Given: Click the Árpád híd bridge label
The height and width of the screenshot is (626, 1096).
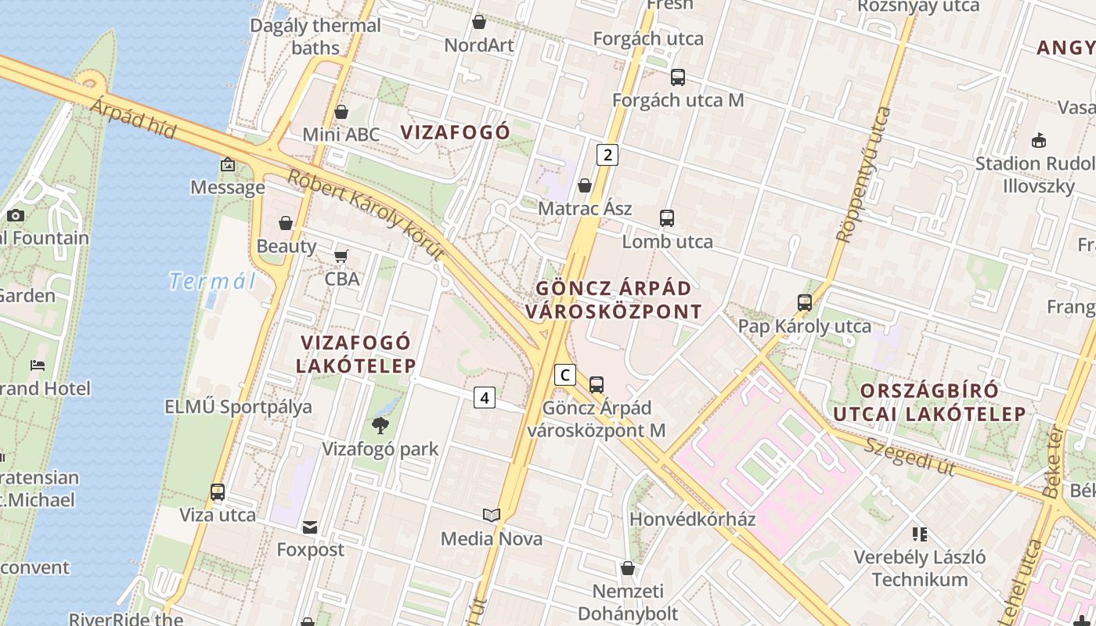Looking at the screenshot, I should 134,118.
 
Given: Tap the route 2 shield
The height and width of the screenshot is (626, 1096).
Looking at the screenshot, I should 607,155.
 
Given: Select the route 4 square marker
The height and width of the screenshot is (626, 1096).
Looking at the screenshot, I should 485,398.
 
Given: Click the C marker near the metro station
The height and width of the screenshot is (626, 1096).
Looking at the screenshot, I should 564,375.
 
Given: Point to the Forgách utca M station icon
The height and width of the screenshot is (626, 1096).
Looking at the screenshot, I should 678,77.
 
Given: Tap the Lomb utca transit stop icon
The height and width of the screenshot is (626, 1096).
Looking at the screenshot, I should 667,218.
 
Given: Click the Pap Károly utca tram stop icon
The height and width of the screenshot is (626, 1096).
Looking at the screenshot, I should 804,303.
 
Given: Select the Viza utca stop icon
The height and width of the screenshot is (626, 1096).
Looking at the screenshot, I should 218,492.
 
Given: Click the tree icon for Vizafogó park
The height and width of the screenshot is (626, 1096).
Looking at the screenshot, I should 380,426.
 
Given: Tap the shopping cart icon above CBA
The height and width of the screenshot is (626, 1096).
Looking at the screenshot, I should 341,256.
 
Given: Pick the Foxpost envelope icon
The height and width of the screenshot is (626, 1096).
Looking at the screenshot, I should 310,527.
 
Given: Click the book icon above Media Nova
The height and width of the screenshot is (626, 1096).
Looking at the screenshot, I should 492,515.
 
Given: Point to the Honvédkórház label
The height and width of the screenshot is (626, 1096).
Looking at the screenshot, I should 693,519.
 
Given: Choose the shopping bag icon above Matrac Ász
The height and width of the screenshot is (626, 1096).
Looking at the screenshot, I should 584,185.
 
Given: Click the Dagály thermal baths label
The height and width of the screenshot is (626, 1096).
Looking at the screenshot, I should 315,36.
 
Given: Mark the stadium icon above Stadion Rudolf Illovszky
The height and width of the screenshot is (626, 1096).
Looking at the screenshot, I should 1039,140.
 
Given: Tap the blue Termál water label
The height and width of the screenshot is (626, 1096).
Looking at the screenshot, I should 213,281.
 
